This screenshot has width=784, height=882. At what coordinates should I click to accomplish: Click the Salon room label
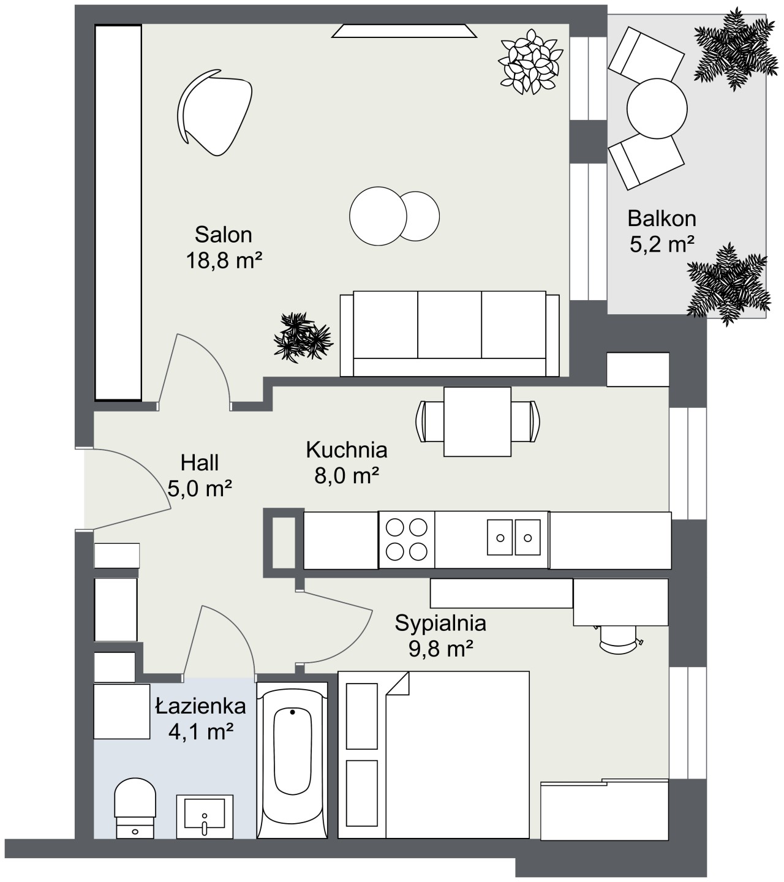224,235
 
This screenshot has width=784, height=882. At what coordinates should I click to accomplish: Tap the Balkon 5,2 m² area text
661,244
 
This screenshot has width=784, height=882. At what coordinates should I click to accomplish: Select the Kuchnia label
347,450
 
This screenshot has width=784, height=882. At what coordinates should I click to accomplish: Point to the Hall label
200,463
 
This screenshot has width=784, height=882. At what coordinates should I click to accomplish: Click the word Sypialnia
440,623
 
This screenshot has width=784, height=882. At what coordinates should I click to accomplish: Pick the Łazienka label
201,706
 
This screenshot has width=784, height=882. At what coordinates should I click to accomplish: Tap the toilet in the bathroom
135,809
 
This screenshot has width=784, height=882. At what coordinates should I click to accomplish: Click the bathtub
292,760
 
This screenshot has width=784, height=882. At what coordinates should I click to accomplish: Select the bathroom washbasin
205,816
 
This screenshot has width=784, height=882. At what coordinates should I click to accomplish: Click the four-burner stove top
407,540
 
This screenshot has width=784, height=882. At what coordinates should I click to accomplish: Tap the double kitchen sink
514,537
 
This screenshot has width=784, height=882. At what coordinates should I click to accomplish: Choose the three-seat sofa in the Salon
450,333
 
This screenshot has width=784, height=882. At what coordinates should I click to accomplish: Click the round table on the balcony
657,108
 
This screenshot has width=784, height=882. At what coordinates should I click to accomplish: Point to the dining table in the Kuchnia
478,422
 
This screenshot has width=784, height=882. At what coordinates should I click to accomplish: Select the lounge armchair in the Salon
214,112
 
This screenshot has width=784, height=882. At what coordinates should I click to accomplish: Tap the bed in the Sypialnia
434,755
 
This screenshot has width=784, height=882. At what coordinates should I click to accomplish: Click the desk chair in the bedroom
619,639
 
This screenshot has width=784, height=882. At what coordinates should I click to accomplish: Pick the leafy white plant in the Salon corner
530,61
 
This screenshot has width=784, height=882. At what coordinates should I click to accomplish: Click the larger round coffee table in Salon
378,216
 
